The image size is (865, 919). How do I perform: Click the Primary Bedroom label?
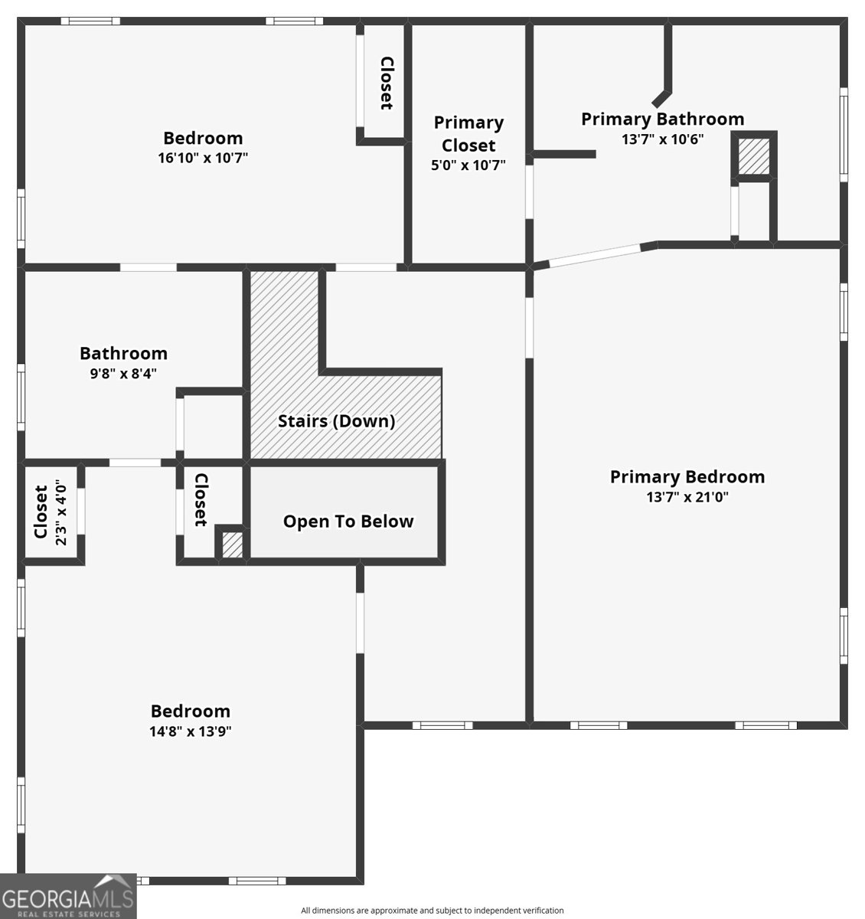(687, 477)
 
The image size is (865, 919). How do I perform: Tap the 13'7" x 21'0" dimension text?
(687, 497)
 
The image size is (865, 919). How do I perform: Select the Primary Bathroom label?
(662, 119)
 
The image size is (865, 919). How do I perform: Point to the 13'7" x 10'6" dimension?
(662, 139)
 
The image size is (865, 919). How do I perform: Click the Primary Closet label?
(468, 134)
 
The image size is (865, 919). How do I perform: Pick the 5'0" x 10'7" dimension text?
(468, 165)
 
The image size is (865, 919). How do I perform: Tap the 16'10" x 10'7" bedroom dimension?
(203, 158)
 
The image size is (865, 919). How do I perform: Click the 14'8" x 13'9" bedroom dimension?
(190, 731)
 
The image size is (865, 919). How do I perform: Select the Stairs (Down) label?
(336, 421)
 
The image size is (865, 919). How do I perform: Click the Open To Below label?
(348, 522)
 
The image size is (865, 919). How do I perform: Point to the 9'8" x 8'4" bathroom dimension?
(123, 374)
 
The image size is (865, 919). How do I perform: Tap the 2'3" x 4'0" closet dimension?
(61, 512)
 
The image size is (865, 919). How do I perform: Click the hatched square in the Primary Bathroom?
(753, 156)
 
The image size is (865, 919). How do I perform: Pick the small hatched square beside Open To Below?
(232, 545)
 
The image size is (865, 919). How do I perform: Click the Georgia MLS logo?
(68, 896)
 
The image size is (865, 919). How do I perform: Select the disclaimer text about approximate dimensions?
(432, 911)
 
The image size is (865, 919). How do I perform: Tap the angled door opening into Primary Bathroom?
(595, 256)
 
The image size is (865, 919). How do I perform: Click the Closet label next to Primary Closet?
(387, 83)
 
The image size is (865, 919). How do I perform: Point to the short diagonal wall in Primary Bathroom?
(661, 99)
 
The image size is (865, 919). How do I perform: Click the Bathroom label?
(123, 354)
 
